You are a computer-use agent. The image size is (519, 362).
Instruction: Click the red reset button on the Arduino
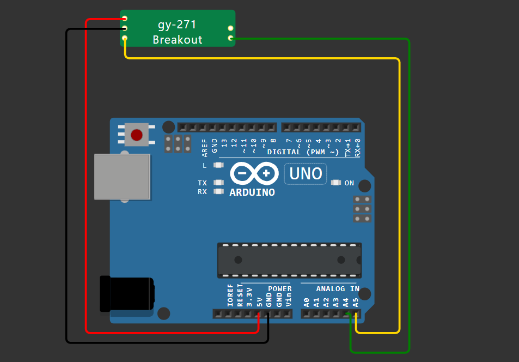point(136,135)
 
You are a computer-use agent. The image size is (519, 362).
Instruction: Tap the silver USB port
point(122,177)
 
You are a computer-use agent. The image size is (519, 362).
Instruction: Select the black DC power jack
point(126,294)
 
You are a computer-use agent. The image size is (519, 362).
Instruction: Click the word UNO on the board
point(306,174)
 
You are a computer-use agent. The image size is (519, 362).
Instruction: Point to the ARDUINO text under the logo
point(252,192)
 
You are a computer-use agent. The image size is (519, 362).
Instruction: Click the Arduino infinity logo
point(252,174)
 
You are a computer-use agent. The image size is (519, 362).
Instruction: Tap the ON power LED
point(335,183)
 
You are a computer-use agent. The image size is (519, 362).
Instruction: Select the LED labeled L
point(218,165)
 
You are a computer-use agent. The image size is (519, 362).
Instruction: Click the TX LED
point(218,183)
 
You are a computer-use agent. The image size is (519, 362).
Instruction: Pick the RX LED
point(218,191)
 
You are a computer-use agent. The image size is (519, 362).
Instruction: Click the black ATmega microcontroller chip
point(289,260)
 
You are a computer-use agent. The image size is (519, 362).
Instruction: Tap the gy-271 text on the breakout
point(177,25)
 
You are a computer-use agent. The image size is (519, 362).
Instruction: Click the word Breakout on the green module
point(177,40)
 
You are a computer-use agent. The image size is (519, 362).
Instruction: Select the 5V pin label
point(260,300)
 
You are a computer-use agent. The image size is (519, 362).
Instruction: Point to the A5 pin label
point(356,302)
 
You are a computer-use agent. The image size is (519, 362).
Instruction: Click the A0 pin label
point(306,302)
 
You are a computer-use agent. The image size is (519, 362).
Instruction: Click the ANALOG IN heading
point(338,289)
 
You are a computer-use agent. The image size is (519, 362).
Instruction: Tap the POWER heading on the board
point(279,289)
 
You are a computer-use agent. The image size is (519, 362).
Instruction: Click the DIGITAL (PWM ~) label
point(303,152)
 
